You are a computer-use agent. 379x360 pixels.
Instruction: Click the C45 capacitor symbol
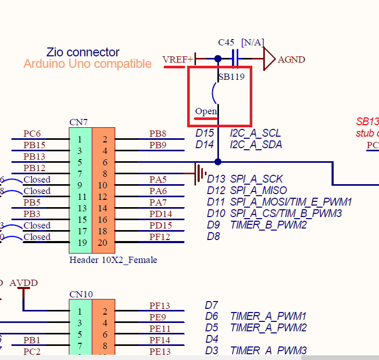click(235, 59)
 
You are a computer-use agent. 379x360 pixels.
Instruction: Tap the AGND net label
click(291, 59)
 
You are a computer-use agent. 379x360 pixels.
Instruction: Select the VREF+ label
click(177, 59)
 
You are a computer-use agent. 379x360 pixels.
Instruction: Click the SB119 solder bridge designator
click(231, 76)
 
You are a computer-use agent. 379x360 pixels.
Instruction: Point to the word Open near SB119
click(205, 111)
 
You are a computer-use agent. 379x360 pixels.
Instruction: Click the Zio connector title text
click(83, 52)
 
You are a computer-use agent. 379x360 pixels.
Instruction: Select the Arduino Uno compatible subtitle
click(88, 64)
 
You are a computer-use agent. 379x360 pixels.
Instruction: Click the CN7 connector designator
click(78, 122)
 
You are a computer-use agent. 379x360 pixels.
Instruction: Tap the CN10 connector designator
click(81, 294)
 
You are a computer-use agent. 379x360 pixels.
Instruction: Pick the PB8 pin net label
click(157, 134)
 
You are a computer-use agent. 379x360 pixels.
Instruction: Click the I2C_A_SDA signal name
click(256, 145)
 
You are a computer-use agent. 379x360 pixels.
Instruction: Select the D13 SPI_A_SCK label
click(244, 179)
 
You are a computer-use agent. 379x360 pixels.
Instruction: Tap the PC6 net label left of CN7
click(32, 134)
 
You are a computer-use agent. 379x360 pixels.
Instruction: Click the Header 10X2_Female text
click(113, 260)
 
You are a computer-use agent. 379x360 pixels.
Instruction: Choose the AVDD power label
click(23, 283)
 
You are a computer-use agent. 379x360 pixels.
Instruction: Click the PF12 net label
click(160, 237)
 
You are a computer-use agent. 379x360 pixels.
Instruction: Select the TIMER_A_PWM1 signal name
click(268, 316)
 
